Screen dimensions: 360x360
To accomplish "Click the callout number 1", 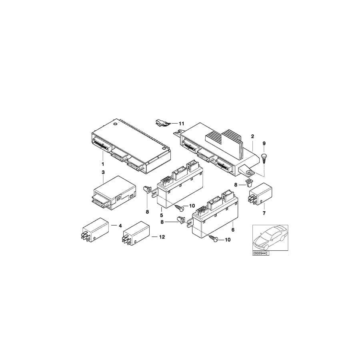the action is tap(103, 164).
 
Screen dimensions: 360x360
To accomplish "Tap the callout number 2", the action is tap(252, 136).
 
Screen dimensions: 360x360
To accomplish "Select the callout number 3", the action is tap(103, 172).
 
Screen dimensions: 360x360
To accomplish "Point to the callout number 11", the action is tap(181, 124).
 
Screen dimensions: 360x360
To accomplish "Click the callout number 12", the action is tap(162, 237).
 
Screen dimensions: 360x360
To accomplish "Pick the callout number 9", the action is tap(264, 144).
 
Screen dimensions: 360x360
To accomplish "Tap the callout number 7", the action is tap(264, 213).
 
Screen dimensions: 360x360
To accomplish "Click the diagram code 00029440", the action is tap(260, 253).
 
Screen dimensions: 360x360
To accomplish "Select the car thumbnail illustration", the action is tap(270, 238).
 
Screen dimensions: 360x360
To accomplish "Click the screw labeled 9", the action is tap(264, 158).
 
